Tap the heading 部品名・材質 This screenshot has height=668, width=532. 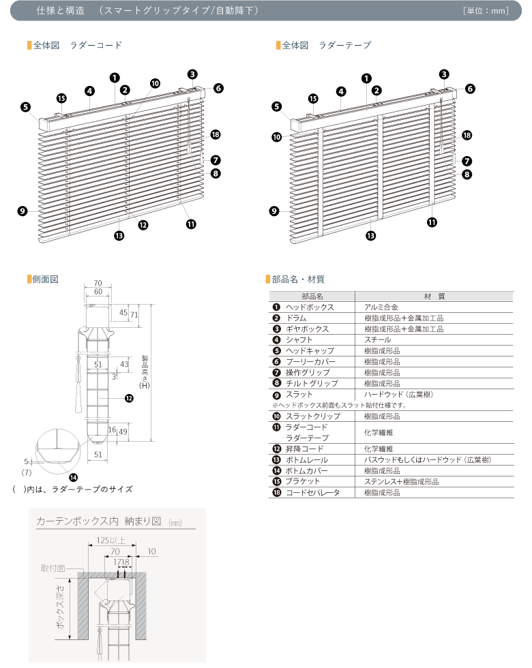pyautogui.click(x=298, y=279)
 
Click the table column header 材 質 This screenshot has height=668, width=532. pyautogui.click(x=434, y=297)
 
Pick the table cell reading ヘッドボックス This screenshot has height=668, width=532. pyautogui.click(x=310, y=307)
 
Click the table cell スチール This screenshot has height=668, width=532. pyautogui.click(x=378, y=339)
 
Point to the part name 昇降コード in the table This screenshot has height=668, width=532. pyautogui.click(x=304, y=449)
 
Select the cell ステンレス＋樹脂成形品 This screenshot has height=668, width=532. pyautogui.click(x=401, y=481)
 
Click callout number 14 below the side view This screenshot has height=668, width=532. pyautogui.click(x=73, y=476)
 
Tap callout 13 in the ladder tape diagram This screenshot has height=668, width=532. pyautogui.click(x=370, y=236)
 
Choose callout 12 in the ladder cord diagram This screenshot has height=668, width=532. pyautogui.click(x=143, y=224)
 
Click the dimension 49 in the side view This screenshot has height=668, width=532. pyautogui.click(x=123, y=431)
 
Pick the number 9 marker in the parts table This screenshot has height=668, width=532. pyautogui.click(x=276, y=395)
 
